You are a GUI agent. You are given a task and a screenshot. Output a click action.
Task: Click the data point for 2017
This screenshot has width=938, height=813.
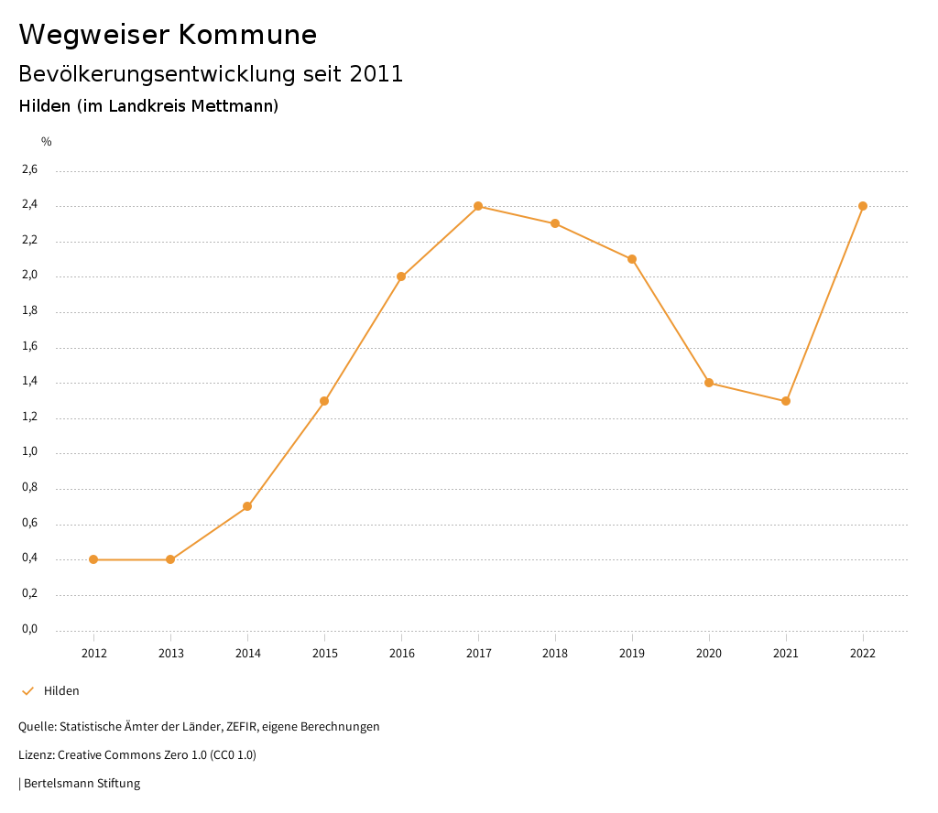click(478, 206)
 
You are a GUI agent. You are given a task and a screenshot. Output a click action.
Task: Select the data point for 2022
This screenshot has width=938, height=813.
click(863, 206)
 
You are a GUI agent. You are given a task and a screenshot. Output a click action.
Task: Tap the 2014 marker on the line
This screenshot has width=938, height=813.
click(247, 506)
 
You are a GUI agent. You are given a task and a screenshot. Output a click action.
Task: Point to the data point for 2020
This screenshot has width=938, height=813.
click(709, 383)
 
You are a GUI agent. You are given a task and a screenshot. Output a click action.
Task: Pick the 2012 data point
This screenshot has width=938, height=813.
click(93, 559)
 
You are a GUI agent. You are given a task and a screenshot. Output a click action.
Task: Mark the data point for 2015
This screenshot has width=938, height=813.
click(324, 401)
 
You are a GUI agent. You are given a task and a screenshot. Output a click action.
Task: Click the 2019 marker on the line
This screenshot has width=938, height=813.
click(632, 259)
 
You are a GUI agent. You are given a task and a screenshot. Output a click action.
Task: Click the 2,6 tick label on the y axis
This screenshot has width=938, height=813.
click(29, 170)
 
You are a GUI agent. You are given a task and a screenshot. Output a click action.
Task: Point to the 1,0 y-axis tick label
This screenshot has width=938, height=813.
click(29, 452)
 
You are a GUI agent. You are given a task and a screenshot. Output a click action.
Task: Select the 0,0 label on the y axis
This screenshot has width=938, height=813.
click(29, 629)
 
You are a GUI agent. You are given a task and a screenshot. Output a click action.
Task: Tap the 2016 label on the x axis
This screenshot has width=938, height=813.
click(401, 653)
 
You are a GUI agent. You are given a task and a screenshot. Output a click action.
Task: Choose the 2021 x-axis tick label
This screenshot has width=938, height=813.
click(786, 653)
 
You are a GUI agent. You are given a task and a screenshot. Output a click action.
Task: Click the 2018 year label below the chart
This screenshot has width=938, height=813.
click(555, 653)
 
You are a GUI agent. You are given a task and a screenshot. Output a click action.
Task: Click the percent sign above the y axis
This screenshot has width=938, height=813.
click(47, 142)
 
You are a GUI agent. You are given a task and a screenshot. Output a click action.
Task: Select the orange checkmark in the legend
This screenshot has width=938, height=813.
click(27, 691)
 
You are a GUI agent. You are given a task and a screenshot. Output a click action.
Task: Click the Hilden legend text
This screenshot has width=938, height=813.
click(61, 691)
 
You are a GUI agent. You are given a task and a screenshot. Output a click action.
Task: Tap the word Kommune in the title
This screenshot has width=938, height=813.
click(247, 35)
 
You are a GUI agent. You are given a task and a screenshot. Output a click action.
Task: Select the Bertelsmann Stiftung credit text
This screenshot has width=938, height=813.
click(82, 784)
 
